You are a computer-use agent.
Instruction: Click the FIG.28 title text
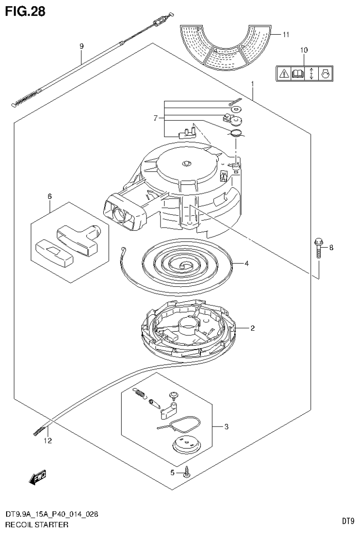25,11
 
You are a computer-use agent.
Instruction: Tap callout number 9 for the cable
81,46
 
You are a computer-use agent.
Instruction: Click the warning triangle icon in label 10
284,74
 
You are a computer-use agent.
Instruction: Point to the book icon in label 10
298,74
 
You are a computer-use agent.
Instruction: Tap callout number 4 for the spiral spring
246,263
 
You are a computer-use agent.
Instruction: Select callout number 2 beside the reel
252,328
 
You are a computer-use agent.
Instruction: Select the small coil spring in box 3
139,394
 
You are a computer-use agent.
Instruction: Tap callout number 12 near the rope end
47,441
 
